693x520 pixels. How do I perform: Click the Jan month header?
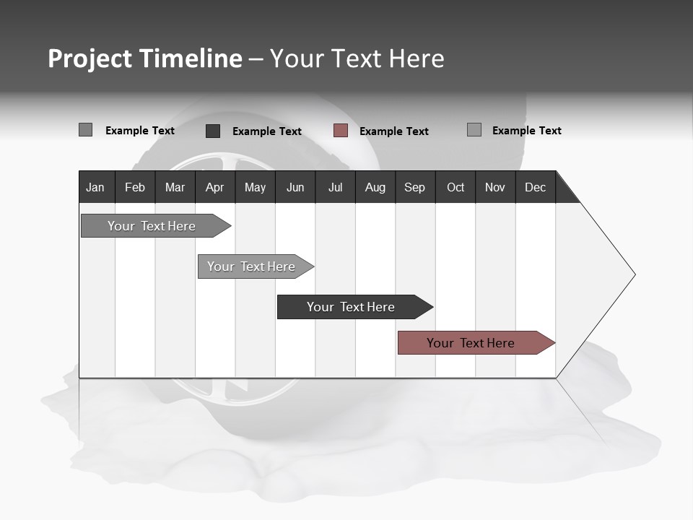[95, 187]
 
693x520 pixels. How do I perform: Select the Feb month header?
[135, 187]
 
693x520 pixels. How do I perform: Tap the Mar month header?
[175, 187]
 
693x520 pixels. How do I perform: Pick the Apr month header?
[214, 187]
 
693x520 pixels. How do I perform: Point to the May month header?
[255, 187]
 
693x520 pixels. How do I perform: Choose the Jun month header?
[295, 187]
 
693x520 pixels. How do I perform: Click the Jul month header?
[335, 187]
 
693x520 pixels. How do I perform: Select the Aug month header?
[375, 187]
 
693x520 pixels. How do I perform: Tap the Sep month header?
[414, 187]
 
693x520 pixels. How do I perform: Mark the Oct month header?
[456, 187]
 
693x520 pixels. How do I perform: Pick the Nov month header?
[495, 187]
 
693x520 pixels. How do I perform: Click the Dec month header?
[535, 187]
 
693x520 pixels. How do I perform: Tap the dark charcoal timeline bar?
[352, 307]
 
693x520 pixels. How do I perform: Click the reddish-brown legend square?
[341, 131]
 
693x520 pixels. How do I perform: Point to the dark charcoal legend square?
[213, 131]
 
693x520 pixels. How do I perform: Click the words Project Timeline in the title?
[145, 58]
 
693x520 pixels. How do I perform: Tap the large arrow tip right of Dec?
[606, 274]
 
